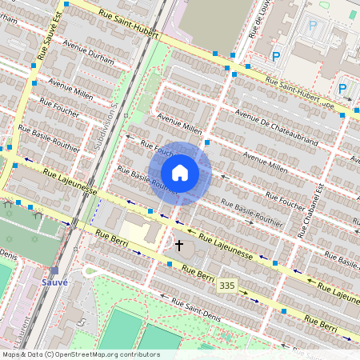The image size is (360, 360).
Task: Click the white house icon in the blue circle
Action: pos(180,173)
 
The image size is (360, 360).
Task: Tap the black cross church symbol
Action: pos(179,245)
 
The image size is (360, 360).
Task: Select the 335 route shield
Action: pos(228,286)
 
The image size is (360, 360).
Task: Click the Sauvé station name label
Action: pos(55,282)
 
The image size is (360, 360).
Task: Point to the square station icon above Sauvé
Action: pos(54,270)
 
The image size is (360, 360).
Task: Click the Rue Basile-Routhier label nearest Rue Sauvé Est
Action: pos(40,130)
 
